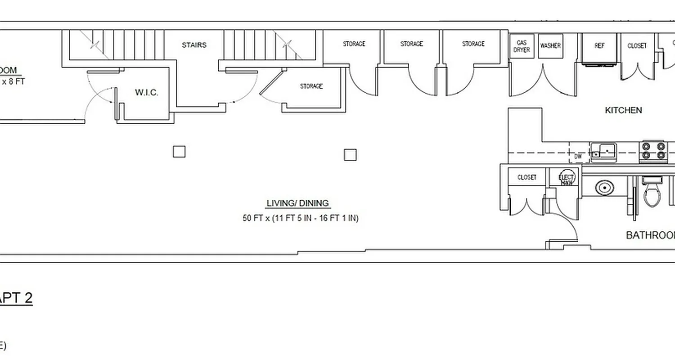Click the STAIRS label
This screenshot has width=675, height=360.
click(x=194, y=45)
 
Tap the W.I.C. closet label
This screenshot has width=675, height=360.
click(x=146, y=93)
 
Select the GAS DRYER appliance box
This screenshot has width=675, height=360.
click(x=522, y=46)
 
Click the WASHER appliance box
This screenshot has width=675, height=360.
click(x=550, y=46)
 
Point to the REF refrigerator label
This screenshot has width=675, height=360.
click(x=599, y=46)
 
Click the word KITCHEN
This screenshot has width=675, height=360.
click(x=623, y=110)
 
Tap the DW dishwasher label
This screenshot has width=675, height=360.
click(x=578, y=157)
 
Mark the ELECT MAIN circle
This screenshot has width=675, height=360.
click(x=566, y=178)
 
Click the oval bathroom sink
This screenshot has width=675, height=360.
click(x=604, y=187)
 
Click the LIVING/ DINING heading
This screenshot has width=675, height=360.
click(x=298, y=203)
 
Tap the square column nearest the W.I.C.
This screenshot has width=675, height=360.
click(x=179, y=152)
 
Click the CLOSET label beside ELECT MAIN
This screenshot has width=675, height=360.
click(x=526, y=177)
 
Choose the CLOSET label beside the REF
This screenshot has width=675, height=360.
click(x=637, y=46)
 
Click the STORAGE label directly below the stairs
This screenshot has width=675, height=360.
click(x=311, y=86)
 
